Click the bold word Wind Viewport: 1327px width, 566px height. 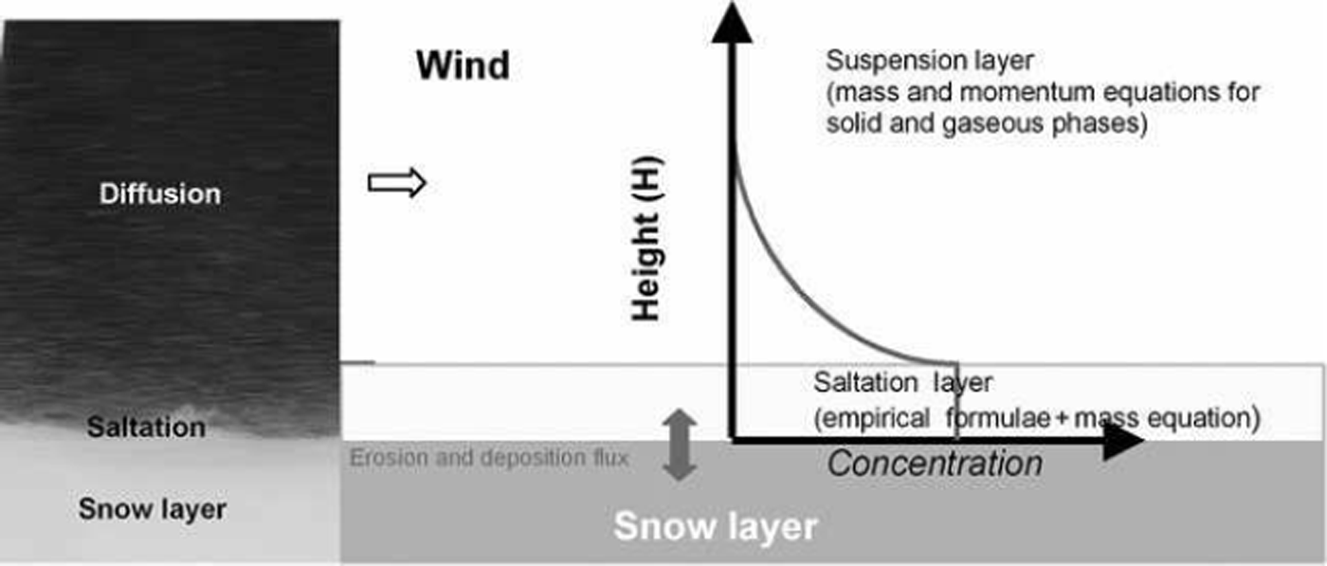point(463,66)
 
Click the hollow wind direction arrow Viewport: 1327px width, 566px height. point(396,183)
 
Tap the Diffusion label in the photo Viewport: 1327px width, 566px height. point(160,193)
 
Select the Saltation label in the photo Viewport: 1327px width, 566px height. point(146,427)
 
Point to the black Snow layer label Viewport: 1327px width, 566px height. point(153,509)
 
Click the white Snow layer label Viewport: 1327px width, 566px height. point(715,526)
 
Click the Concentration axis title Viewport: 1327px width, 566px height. point(935,464)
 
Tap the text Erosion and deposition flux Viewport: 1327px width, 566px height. point(489,459)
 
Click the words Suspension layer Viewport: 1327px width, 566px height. point(929,61)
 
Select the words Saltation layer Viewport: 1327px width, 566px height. point(902,383)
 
